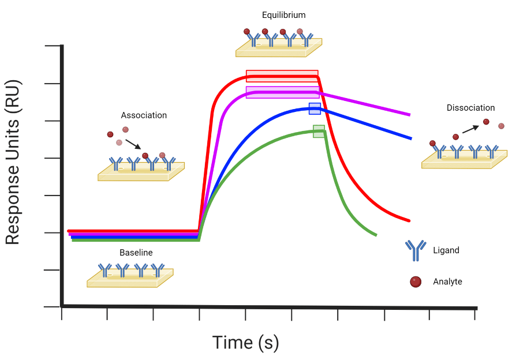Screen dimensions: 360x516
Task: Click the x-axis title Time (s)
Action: pos(246,342)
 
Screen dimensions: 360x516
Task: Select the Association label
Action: pos(144,115)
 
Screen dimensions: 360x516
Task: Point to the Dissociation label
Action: pos(470,108)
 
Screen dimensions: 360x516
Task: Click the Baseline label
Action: pos(136,253)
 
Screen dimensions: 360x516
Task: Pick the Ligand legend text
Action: pos(446,250)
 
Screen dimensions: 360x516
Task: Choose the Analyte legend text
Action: pos(447,282)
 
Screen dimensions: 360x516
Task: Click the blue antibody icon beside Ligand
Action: pos(415,250)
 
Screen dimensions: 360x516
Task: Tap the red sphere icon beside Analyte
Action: pos(415,282)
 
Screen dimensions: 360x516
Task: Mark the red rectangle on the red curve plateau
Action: pos(282,76)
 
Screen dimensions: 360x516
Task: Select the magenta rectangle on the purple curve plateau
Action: pos(282,92)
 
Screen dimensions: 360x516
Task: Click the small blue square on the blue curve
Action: pos(315,108)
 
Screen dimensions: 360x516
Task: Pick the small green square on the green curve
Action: pos(319,131)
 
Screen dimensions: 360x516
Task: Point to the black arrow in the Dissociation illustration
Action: pos(470,129)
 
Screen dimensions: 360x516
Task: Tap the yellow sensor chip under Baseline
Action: pos(130,279)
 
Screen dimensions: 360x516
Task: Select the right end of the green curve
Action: pos(375,234)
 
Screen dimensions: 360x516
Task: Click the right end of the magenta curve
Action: pos(409,114)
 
